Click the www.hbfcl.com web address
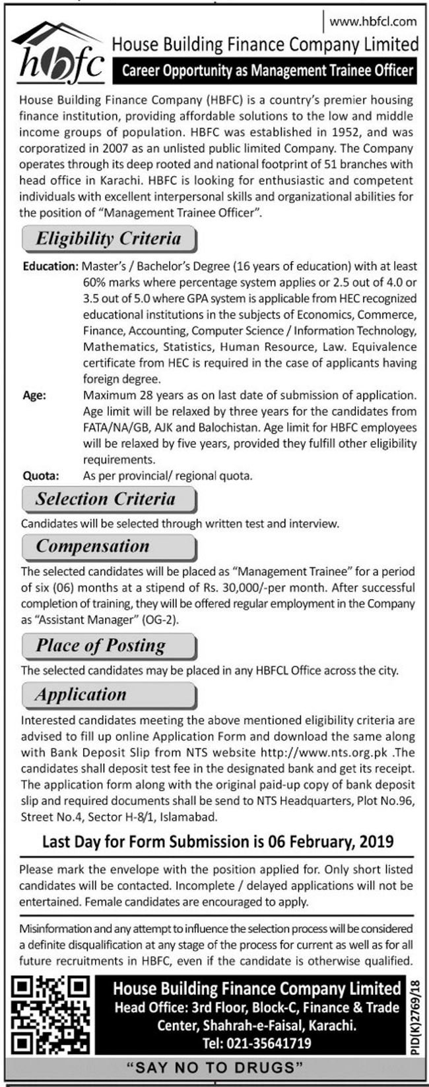[x=373, y=21]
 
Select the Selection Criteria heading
[x=106, y=499]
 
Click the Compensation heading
[x=93, y=546]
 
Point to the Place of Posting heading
[x=101, y=645]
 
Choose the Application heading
[x=81, y=695]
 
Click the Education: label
[x=50, y=267]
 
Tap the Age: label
[x=34, y=396]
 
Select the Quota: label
[x=40, y=475]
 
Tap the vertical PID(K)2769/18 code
[x=414, y=1014]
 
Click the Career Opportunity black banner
[x=267, y=71]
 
